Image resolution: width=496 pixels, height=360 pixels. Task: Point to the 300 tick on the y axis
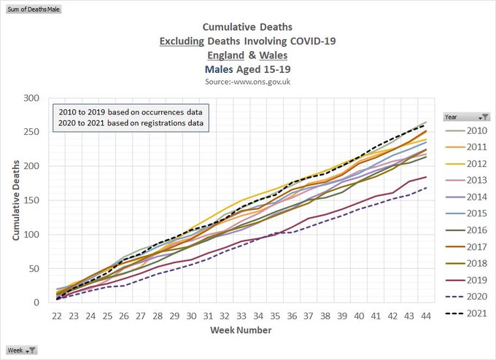[x=31, y=98]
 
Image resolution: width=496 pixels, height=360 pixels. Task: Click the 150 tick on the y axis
[x=31, y=200]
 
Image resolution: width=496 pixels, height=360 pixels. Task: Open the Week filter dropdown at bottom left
[x=32, y=351]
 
